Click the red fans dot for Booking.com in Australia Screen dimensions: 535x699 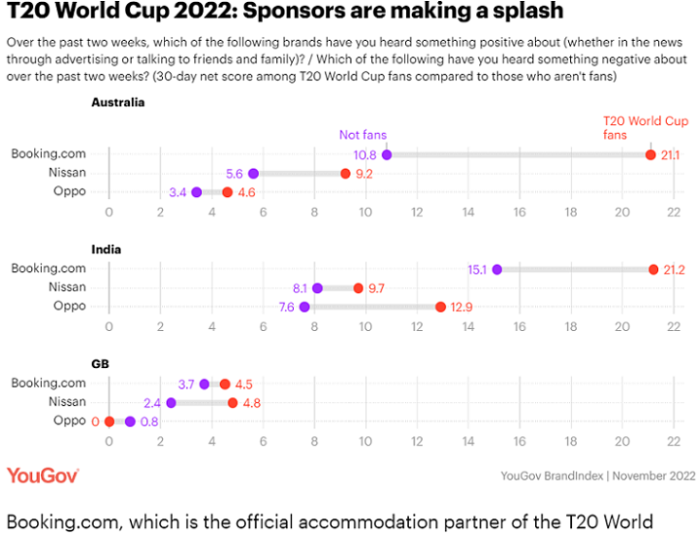tap(650, 154)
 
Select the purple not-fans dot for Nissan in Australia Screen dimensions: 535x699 tap(253, 174)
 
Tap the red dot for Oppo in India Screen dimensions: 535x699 tap(440, 307)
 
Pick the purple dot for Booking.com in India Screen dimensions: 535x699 tap(496, 269)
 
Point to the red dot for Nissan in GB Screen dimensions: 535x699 tap(232, 402)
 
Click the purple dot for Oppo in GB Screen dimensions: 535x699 tap(130, 422)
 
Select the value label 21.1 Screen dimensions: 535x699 tap(670, 154)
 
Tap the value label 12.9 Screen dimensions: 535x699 tap(461, 307)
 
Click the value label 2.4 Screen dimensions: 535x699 tap(152, 402)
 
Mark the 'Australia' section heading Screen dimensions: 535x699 tap(118, 102)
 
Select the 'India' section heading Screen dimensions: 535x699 tap(105, 249)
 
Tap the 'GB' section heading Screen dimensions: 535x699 tap(100, 363)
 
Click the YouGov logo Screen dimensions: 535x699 tap(43, 475)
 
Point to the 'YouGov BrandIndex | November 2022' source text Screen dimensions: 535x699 tap(597, 475)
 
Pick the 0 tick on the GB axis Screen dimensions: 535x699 tap(108, 441)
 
